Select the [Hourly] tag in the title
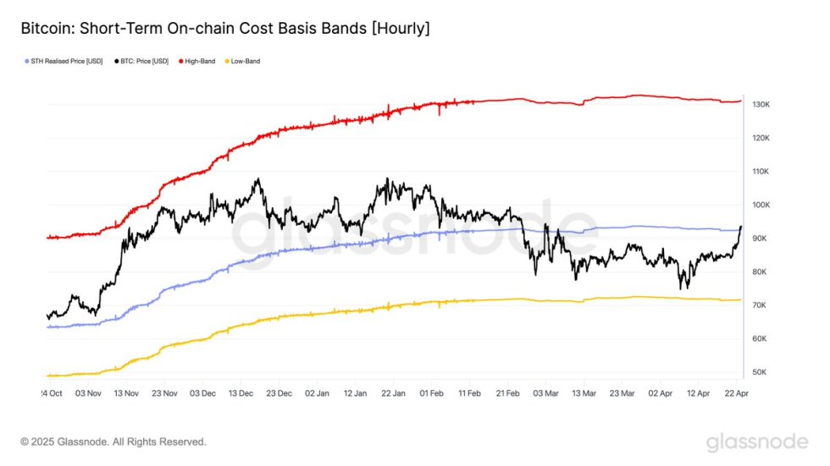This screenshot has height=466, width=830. tap(400, 30)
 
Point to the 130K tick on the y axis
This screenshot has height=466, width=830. tap(761, 105)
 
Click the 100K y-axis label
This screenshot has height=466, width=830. tap(761, 206)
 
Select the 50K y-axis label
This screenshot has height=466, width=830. tap(761, 372)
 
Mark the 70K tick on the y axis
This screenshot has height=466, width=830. tap(761, 305)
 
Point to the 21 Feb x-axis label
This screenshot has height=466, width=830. tap(508, 394)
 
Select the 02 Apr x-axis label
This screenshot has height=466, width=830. tap(661, 394)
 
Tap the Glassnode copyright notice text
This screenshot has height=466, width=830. tap(113, 441)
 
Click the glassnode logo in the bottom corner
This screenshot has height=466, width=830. tap(758, 441)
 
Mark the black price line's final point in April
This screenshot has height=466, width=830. tap(741, 227)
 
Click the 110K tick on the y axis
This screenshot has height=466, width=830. tap(761, 172)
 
